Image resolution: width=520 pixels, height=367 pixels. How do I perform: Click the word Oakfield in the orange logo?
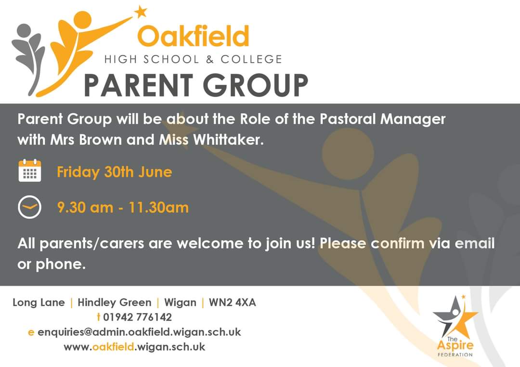(193, 37)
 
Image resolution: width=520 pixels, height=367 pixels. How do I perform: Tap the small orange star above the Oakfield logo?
(140, 12)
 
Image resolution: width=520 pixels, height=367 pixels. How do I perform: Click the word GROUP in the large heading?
(255, 86)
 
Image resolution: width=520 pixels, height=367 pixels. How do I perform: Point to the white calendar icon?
(30, 171)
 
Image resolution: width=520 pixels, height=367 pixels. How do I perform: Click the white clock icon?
(30, 208)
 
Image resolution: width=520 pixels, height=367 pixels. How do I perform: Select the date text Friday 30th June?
(114, 172)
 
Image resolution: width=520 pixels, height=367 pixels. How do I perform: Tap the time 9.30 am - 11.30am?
(123, 208)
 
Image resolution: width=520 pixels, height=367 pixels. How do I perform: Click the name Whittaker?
(227, 140)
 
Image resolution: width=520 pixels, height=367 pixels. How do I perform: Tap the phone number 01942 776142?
(137, 317)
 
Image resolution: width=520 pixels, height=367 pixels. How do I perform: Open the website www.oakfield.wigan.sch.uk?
(134, 347)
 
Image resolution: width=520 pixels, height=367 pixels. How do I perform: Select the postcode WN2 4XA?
(232, 302)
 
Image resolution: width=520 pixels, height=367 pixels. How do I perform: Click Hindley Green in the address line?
(114, 302)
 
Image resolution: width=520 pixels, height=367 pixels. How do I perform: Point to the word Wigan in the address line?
(180, 302)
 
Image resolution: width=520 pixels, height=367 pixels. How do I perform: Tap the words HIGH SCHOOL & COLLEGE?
(193, 60)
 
